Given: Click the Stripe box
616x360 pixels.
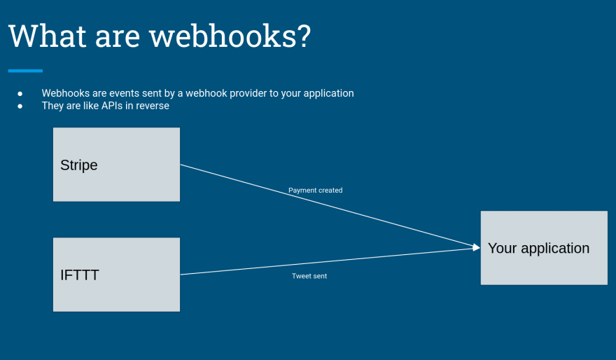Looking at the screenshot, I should [116, 164].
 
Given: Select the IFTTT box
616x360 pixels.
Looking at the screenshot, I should [116, 275].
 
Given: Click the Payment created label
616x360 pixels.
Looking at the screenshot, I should [315, 190].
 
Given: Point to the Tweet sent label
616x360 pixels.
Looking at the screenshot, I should [309, 276].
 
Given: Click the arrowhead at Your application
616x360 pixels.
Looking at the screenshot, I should [477, 247].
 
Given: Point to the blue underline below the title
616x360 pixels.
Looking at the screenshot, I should [25, 71].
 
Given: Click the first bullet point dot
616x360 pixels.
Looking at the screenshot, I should [20, 93].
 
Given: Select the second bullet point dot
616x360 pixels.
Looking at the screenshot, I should [20, 106].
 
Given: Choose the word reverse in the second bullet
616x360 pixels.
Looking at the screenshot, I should [153, 106].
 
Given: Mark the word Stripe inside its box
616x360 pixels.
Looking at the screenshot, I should [79, 165].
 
